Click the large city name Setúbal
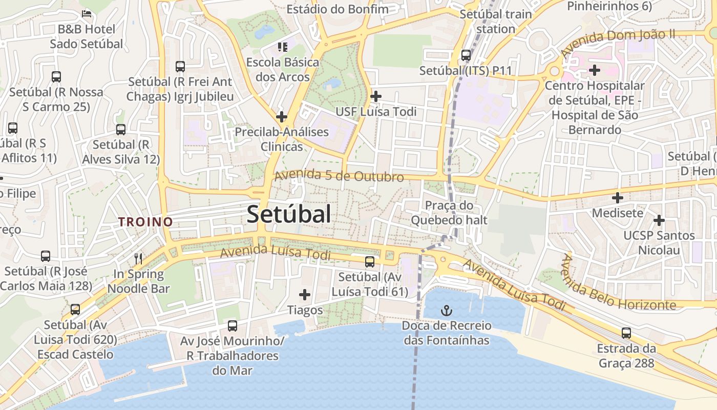tap(289, 214)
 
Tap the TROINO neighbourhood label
tap(145, 222)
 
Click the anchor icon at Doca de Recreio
tap(447, 310)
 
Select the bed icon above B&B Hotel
tap(87, 13)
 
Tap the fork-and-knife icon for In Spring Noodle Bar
tap(138, 258)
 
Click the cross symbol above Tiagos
tap(305, 295)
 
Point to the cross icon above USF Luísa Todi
tap(376, 96)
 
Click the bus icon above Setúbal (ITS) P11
tap(466, 55)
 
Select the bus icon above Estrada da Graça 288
tap(626, 333)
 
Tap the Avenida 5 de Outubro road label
tap(339, 176)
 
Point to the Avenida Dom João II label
tap(618, 43)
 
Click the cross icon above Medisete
tap(618, 197)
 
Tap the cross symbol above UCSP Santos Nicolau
tap(659, 220)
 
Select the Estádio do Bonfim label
tap(338, 9)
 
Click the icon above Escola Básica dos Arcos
tap(282, 47)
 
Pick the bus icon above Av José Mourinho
tap(232, 325)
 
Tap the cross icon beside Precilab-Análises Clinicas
tap(281, 116)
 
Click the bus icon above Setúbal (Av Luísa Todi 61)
tap(370, 262)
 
